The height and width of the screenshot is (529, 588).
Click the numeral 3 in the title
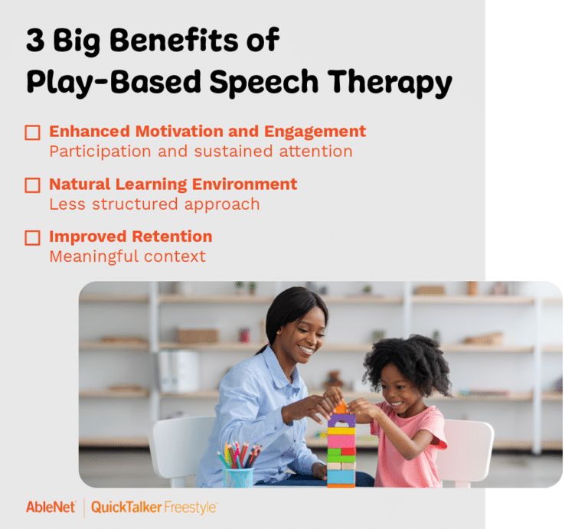pos(34,40)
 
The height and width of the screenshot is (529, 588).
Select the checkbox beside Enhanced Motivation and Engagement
pos(32,132)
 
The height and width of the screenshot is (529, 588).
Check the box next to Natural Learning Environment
pos(32,185)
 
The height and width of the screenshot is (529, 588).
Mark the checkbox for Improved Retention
pos(32,237)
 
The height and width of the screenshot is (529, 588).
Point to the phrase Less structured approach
pos(154,204)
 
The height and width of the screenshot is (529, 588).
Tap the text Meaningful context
pos(127,256)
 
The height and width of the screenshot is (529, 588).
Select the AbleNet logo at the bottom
pos(51,507)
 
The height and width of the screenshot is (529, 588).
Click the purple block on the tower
pos(341,420)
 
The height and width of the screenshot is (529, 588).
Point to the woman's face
pos(301,335)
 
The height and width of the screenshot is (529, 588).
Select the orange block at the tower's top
pos(341,407)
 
